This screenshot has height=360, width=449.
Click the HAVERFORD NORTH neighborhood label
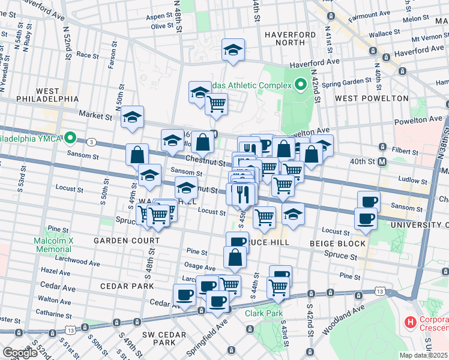pos(291,39)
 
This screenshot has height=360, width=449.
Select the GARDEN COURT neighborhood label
pos(126,241)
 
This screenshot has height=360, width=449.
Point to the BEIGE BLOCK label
pos(337,244)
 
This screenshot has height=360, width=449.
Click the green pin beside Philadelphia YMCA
pos(70,138)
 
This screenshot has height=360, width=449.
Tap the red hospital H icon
pos(411,322)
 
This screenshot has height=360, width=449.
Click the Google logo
pos(20,353)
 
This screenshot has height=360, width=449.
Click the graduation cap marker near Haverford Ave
pos(233,51)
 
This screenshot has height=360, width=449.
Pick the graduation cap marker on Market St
pos(132,118)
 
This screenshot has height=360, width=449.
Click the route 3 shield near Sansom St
pos(91,142)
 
